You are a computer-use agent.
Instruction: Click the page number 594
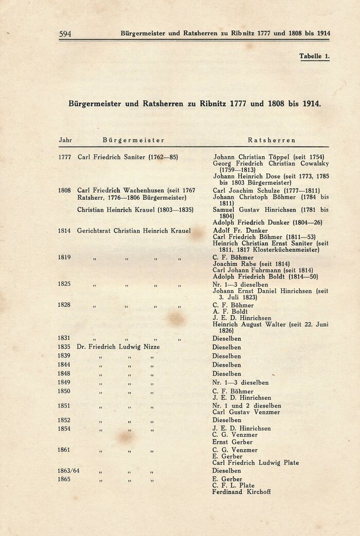[x=65, y=34]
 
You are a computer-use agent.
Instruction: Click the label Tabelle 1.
[x=314, y=57]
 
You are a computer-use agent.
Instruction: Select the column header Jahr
[x=65, y=140]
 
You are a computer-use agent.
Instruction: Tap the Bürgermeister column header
[x=133, y=140]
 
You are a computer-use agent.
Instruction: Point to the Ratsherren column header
[x=272, y=140]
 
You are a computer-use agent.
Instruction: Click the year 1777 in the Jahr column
[x=65, y=157]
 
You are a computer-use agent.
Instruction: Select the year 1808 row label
[x=65, y=190]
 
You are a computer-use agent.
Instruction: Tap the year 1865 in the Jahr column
[x=65, y=479]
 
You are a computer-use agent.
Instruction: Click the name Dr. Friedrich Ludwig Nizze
[x=118, y=347]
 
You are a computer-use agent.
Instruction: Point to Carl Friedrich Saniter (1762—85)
[x=128, y=157]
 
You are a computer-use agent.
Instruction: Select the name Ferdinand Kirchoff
[x=241, y=492]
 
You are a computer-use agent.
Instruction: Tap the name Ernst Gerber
[x=232, y=442]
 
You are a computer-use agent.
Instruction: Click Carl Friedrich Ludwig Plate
[x=256, y=463]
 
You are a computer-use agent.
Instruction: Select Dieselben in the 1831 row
[x=226, y=339]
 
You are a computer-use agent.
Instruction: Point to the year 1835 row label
[x=65, y=347]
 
